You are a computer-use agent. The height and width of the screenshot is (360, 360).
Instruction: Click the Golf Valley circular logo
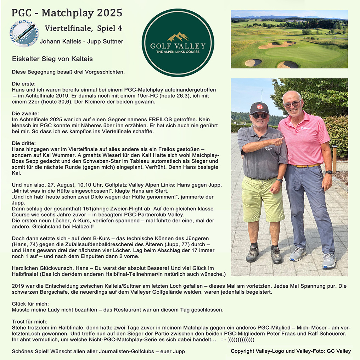[x=178, y=43]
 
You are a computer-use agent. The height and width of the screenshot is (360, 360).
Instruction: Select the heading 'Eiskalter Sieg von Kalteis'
[x=52, y=59]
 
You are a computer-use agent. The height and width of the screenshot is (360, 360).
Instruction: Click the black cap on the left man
[x=259, y=107]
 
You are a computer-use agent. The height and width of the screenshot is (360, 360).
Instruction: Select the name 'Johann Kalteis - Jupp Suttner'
[x=81, y=41]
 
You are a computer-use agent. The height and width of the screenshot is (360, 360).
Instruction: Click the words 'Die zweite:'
[x=24, y=114]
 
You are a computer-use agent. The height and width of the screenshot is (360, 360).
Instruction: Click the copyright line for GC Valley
[x=291, y=351]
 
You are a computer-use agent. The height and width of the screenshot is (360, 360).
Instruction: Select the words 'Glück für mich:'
[x=30, y=304]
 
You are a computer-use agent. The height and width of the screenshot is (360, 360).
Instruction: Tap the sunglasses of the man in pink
[x=292, y=104]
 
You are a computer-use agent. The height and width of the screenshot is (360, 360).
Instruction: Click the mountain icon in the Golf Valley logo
[x=178, y=37]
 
